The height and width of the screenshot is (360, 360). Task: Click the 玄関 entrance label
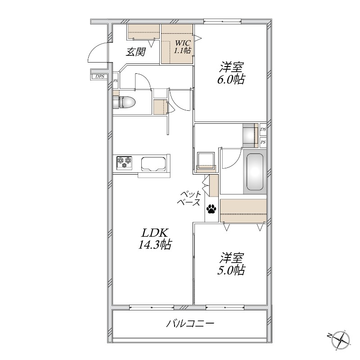click(136, 52)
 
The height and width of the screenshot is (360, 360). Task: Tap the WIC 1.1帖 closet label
click(183, 46)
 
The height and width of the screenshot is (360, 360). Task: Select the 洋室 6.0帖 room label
click(231, 73)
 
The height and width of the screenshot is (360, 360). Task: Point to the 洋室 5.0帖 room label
click(231, 264)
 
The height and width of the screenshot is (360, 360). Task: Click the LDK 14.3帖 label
click(155, 239)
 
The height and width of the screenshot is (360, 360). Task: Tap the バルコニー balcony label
click(190, 324)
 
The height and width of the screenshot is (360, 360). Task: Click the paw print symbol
click(211, 209)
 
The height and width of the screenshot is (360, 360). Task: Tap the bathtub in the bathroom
click(255, 172)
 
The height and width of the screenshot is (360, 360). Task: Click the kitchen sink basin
click(153, 164)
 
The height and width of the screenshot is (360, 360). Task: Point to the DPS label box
click(99, 76)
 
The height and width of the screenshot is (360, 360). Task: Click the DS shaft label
click(263, 130)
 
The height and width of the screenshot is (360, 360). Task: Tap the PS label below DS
click(263, 142)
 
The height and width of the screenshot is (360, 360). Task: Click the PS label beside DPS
click(116, 81)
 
